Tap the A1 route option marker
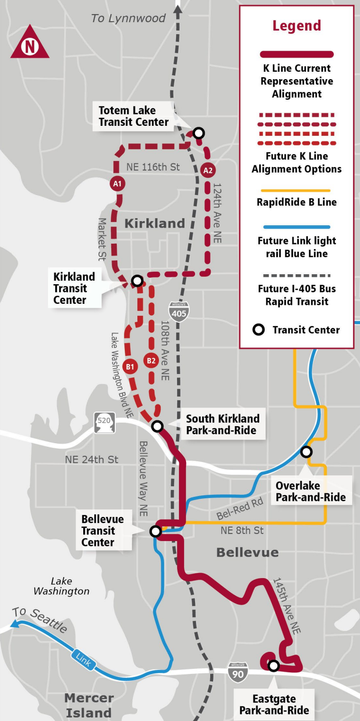pyautogui.click(x=117, y=184)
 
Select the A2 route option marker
pyautogui.click(x=208, y=170)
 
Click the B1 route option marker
pyautogui.click(x=130, y=367)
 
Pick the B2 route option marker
pyautogui.click(x=151, y=360)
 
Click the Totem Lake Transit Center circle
pyautogui.click(x=199, y=133)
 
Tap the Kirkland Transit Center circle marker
pyautogui.click(x=136, y=281)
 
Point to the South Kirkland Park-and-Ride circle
pyautogui.click(x=157, y=426)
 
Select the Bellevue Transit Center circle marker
pyautogui.click(x=156, y=531)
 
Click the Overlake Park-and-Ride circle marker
pyautogui.click(x=306, y=452)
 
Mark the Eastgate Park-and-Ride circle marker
pyautogui.click(x=273, y=666)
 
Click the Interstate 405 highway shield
pyautogui.click(x=179, y=311)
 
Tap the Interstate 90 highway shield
pyautogui.click(x=238, y=672)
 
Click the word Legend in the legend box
pyautogui.click(x=296, y=26)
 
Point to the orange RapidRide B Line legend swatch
pyautogui.click(x=296, y=191)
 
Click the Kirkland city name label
pyautogui.click(x=154, y=223)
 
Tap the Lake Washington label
pyautogui.click(x=61, y=586)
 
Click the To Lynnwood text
pyautogui.click(x=128, y=19)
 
